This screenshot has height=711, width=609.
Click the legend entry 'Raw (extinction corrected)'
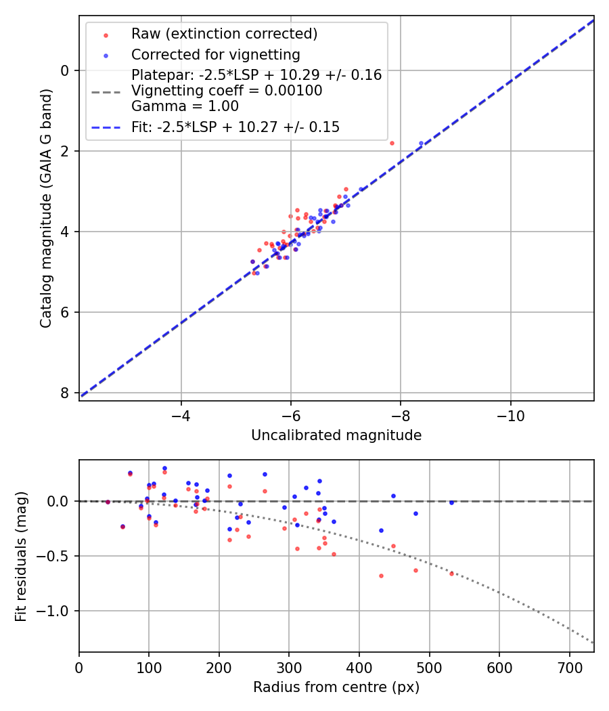[224, 34]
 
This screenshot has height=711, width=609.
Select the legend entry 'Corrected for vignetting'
[215, 55]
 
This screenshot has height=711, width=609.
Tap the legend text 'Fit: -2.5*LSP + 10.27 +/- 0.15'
[235, 127]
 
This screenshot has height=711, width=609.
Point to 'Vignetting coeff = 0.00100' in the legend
[227, 91]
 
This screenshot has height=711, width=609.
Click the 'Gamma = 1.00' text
[185, 106]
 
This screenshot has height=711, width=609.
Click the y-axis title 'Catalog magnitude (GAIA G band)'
[45, 208]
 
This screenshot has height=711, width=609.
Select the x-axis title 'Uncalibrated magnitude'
[336, 435]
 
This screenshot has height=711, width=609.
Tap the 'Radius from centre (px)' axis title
[336, 687]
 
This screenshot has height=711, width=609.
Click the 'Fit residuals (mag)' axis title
[21, 556]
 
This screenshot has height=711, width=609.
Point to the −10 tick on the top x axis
[510, 414]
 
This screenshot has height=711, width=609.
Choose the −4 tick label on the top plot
[181, 414]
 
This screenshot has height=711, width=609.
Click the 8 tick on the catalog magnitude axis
[65, 393]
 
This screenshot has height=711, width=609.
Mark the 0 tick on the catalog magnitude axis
[65, 70]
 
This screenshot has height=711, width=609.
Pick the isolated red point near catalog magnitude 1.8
[392, 143]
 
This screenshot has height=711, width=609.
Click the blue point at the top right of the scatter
[421, 143]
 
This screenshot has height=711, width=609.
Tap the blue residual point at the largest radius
[451, 502]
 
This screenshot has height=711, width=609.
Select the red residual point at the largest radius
[451, 574]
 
